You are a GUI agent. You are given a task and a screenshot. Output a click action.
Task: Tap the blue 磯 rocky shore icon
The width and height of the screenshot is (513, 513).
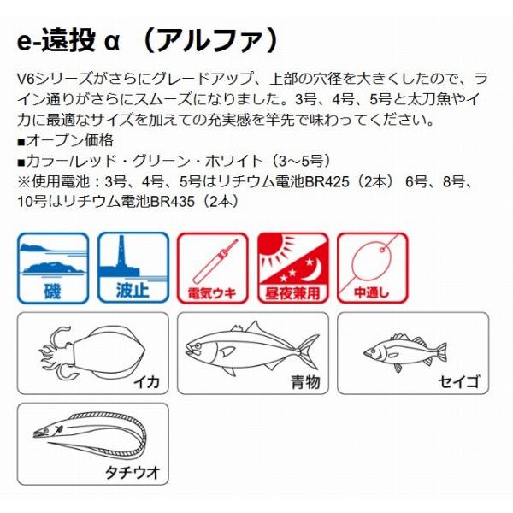click(53, 268)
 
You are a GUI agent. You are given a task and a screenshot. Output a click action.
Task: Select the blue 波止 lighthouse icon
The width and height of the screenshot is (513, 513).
click(132, 268)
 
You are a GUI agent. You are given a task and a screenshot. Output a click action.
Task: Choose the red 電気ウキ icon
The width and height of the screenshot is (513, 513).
click(211, 268)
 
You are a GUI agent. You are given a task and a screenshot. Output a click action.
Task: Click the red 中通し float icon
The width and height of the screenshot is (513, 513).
click(370, 268)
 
